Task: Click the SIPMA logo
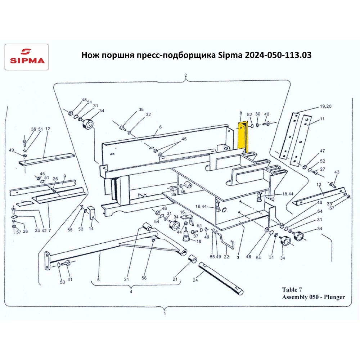(x=27, y=57)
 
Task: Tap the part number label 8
(x=240, y=113)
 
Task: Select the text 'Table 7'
(x=292, y=289)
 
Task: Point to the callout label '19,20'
(x=325, y=106)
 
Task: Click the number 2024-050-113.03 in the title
(x=278, y=55)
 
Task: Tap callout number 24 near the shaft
(x=195, y=280)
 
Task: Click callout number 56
(x=144, y=278)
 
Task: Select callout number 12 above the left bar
(x=48, y=129)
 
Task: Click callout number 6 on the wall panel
(x=160, y=127)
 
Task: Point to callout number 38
(x=141, y=109)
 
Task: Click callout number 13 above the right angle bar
(x=319, y=184)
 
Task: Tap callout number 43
(x=337, y=172)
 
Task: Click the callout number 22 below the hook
(x=226, y=257)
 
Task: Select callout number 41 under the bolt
(x=70, y=279)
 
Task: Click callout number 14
(x=91, y=229)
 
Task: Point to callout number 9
(x=65, y=176)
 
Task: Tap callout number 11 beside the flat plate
(x=322, y=119)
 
